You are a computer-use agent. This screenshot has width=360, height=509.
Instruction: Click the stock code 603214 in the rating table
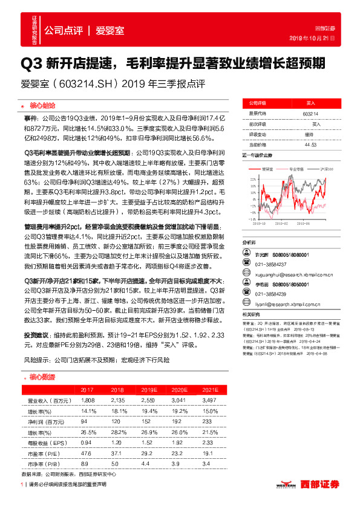click(x=311, y=114)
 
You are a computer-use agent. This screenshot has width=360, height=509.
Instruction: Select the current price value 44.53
click(x=311, y=144)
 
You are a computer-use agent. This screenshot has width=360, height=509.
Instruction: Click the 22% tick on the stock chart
click(x=247, y=179)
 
